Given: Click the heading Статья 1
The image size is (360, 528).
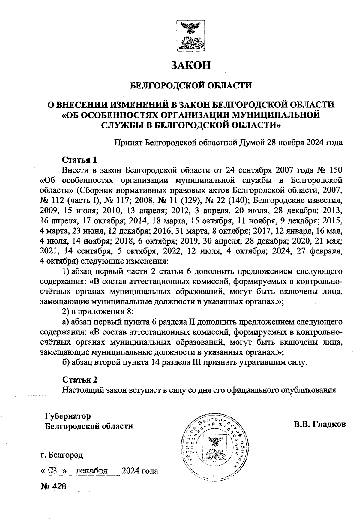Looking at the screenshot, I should pyautogui.click(x=80, y=159).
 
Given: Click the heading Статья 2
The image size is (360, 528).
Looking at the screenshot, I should pyautogui.click(x=80, y=379).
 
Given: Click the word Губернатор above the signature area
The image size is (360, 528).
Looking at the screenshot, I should pyautogui.click(x=67, y=416).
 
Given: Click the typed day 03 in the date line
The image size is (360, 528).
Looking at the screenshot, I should pyautogui.click(x=52, y=471).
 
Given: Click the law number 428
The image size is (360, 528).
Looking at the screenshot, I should pyautogui.click(x=59, y=486).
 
